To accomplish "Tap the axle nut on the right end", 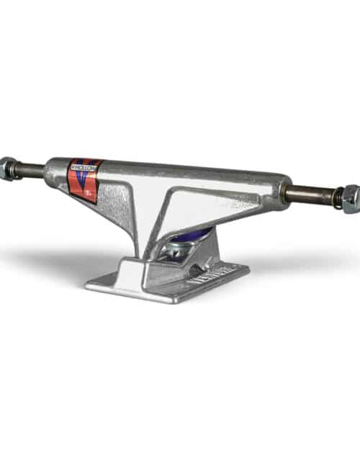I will pyautogui.click(x=350, y=198).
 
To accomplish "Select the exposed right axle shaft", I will pyautogui.click(x=308, y=193).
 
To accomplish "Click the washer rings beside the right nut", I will pyautogui.click(x=336, y=197).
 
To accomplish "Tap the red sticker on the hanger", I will pyautogui.click(x=85, y=180).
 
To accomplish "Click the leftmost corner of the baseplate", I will pyautogui.click(x=87, y=285).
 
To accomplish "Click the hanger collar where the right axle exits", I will pyautogui.click(x=281, y=189).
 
